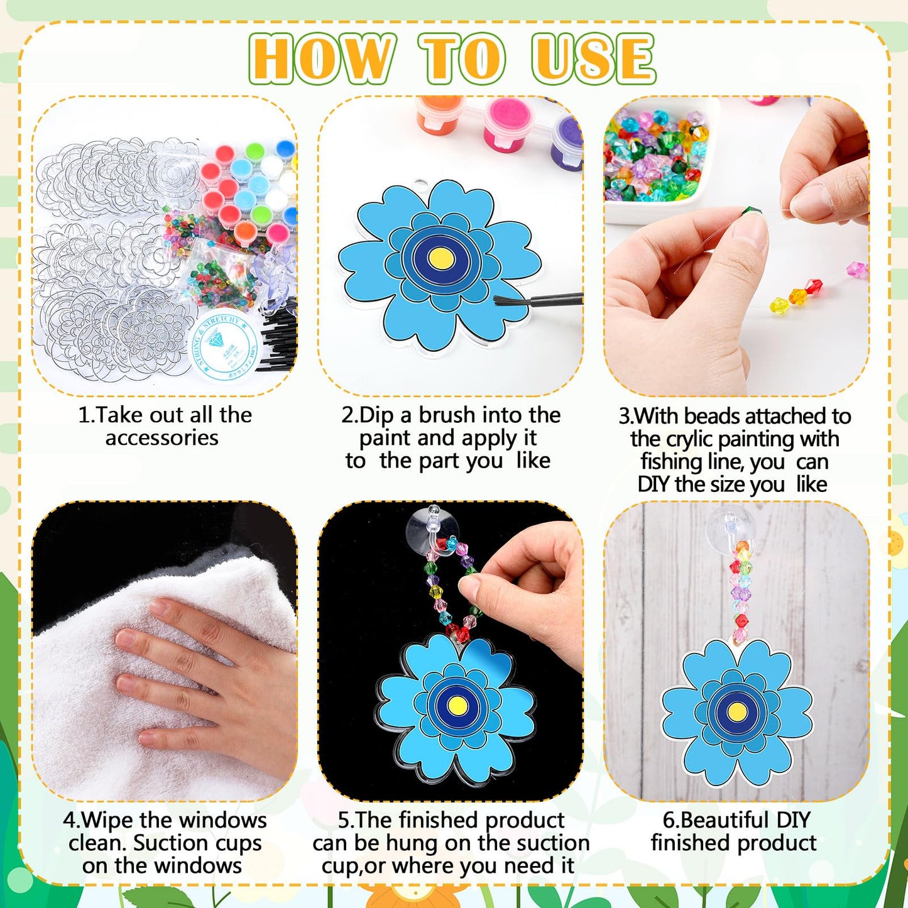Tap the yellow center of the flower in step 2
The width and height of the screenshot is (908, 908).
click(440, 256)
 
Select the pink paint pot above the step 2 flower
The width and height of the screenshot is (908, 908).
click(506, 119)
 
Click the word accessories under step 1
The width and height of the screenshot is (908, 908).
click(161, 438)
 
